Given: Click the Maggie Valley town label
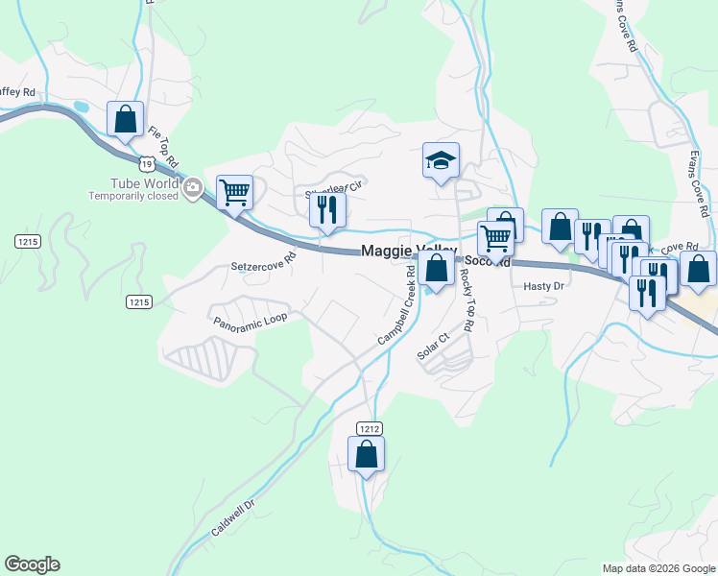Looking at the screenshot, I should pos(408,251).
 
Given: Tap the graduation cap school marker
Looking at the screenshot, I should pos(442,160).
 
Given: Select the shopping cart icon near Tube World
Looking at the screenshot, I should pos(234,193).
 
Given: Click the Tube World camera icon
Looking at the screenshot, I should pos(193,186).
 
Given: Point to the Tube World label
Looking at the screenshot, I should pos(132,183).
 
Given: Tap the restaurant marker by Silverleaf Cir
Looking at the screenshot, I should pos(327,210).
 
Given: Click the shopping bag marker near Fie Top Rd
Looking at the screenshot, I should pos(126,120).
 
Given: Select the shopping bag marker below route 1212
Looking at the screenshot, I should pos(366,454).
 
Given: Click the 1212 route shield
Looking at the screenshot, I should pos(370,427).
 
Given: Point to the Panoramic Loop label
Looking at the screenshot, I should pos(250,319).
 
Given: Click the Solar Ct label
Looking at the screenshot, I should pos(433,347).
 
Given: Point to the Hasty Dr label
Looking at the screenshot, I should pos(542,287).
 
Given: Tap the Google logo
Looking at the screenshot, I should pos(32,564).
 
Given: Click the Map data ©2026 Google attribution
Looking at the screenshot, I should pos(658,568).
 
